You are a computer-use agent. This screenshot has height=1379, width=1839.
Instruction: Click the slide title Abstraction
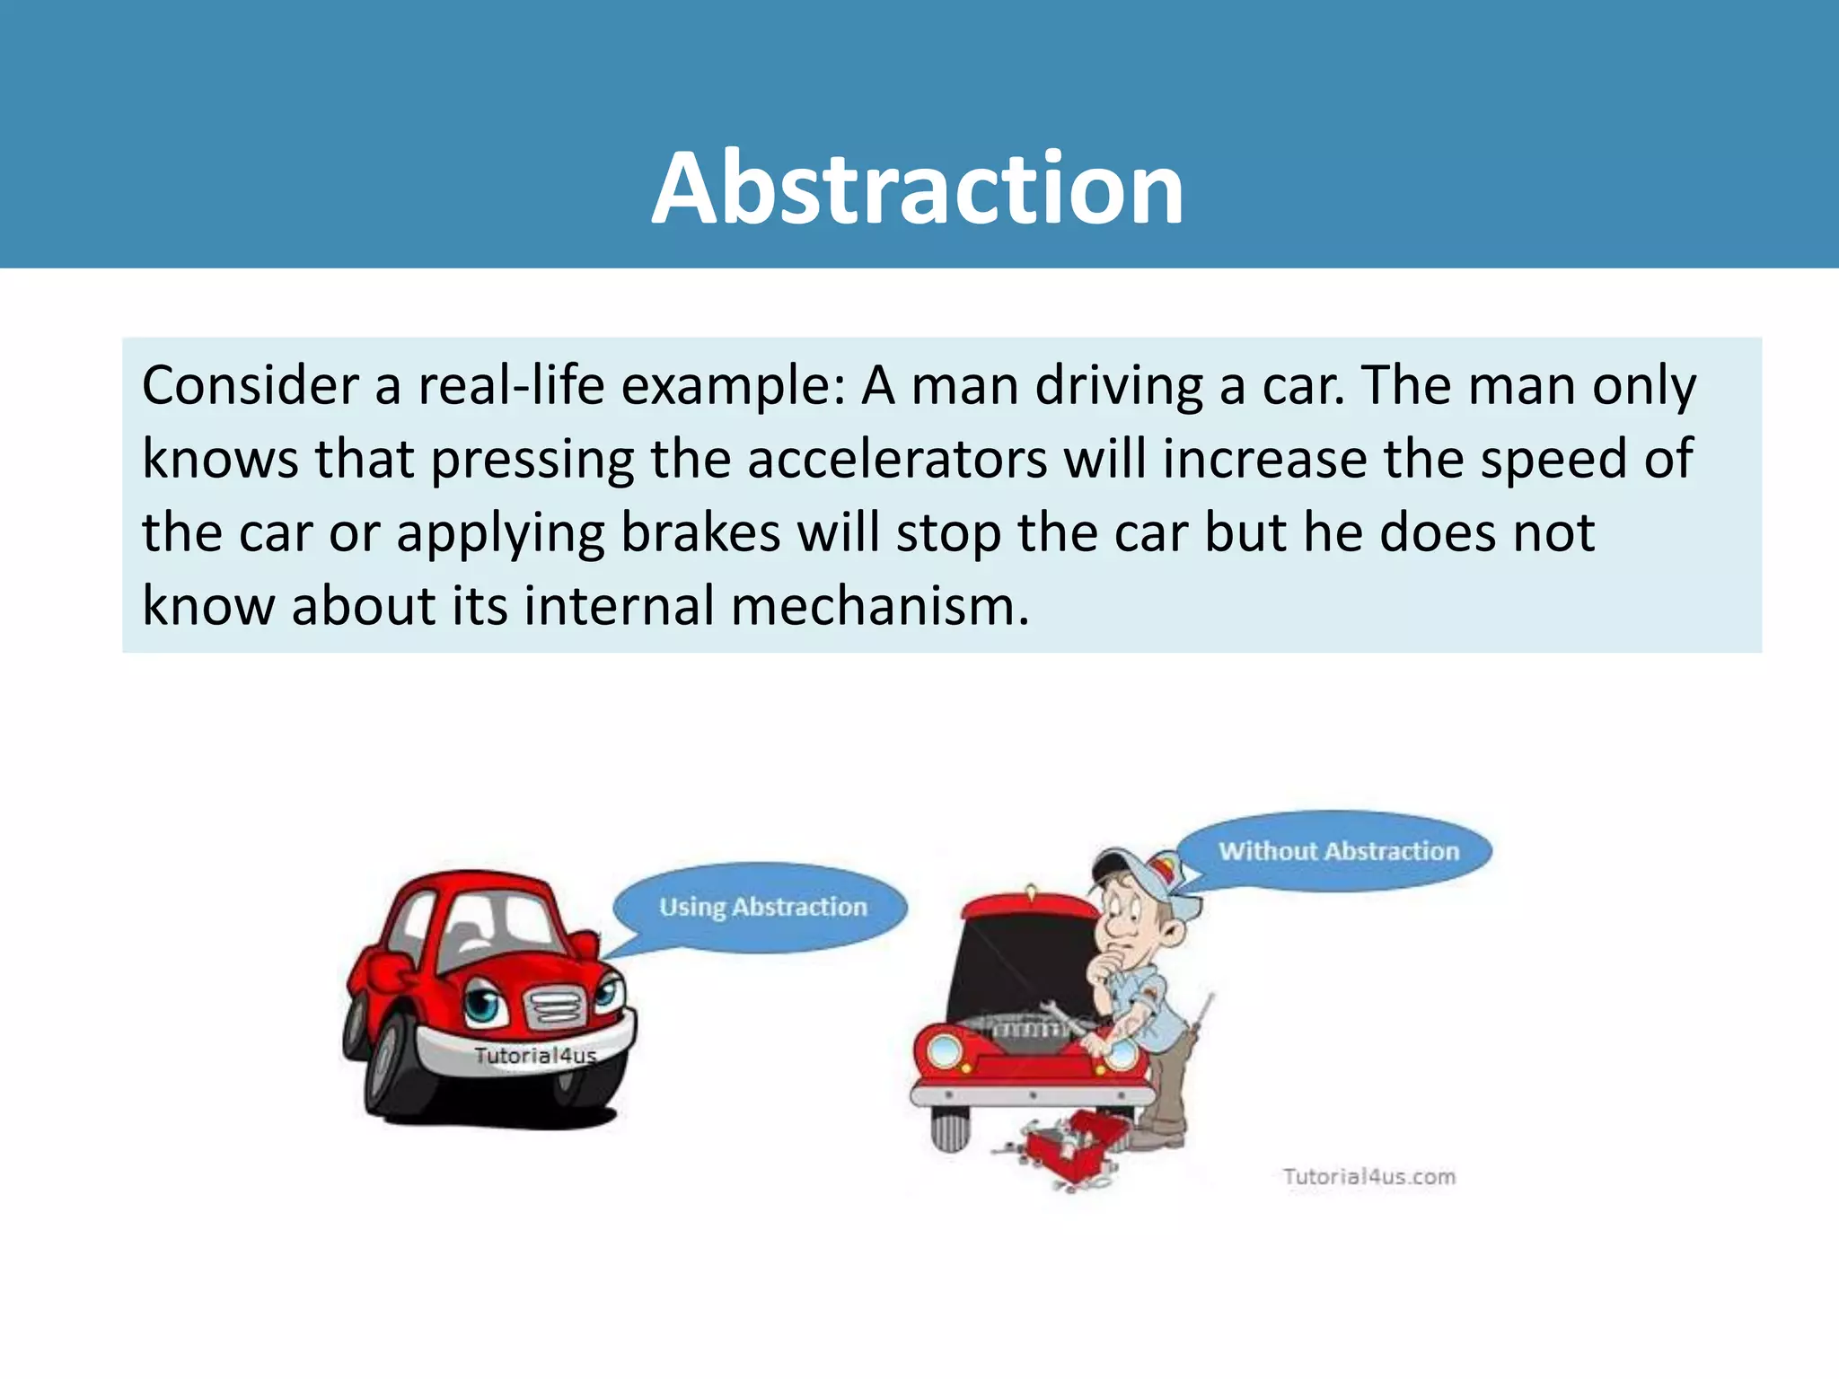tap(918, 189)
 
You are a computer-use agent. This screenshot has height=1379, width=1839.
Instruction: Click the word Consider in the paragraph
tap(251, 386)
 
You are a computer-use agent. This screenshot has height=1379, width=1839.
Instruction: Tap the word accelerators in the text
tap(897, 460)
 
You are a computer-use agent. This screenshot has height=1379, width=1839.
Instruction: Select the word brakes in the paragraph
tap(700, 533)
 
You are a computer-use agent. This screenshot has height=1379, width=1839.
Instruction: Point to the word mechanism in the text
tap(879, 606)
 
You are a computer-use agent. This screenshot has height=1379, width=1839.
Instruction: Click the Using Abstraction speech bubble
tap(762, 907)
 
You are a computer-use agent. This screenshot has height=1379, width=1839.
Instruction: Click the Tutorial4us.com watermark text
tap(1368, 1176)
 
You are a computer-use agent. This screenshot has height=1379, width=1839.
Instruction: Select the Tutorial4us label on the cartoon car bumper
tap(535, 1056)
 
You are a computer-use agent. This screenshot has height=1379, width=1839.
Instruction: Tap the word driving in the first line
tap(1119, 386)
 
